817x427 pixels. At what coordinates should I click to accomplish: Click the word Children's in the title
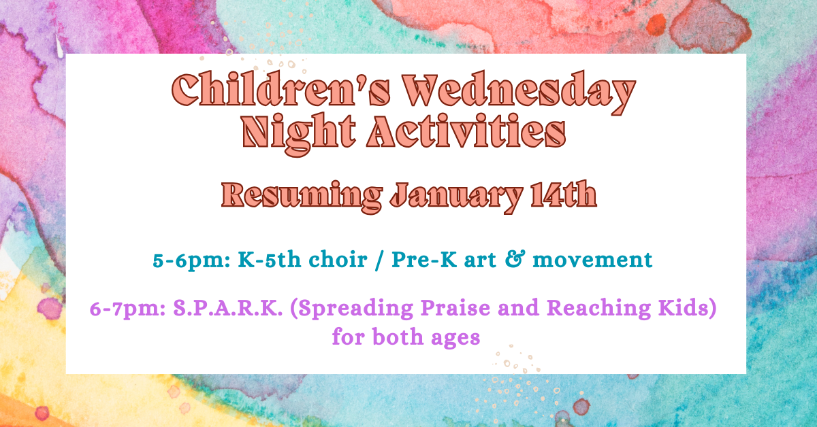(x=281, y=89)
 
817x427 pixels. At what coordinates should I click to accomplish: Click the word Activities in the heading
(x=466, y=131)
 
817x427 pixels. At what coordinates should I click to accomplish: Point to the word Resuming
(x=302, y=197)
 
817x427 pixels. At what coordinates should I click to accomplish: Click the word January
(x=456, y=197)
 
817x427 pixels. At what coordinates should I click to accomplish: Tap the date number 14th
(x=564, y=194)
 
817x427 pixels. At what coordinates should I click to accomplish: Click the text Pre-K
(x=425, y=260)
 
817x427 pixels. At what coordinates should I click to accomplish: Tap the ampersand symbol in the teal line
(x=515, y=259)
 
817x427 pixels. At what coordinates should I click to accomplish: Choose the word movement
(x=592, y=260)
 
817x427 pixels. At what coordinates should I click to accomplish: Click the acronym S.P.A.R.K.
(x=228, y=308)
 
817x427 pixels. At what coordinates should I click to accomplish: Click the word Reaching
(x=598, y=309)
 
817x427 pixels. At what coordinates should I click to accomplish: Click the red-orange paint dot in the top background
(x=656, y=24)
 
